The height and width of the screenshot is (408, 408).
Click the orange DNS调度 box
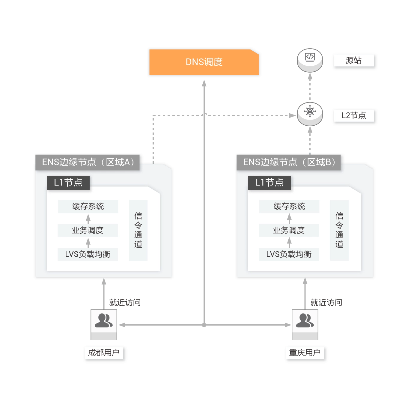204,62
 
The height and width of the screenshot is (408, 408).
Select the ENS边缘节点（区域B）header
288,162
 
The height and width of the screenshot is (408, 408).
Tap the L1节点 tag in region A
68,183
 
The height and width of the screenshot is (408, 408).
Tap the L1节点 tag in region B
269,183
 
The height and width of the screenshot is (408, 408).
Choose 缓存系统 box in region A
88,206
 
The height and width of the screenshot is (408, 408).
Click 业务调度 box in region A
88,230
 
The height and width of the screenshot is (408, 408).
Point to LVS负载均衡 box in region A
88,254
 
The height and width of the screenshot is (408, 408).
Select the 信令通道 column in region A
138,230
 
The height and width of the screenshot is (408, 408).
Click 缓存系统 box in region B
289,206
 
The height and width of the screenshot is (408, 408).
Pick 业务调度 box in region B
289,230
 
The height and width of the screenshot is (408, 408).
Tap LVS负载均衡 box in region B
289,254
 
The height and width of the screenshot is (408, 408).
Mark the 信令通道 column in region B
339,230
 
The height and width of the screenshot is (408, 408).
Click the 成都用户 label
104,353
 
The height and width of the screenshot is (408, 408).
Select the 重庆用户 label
305,353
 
